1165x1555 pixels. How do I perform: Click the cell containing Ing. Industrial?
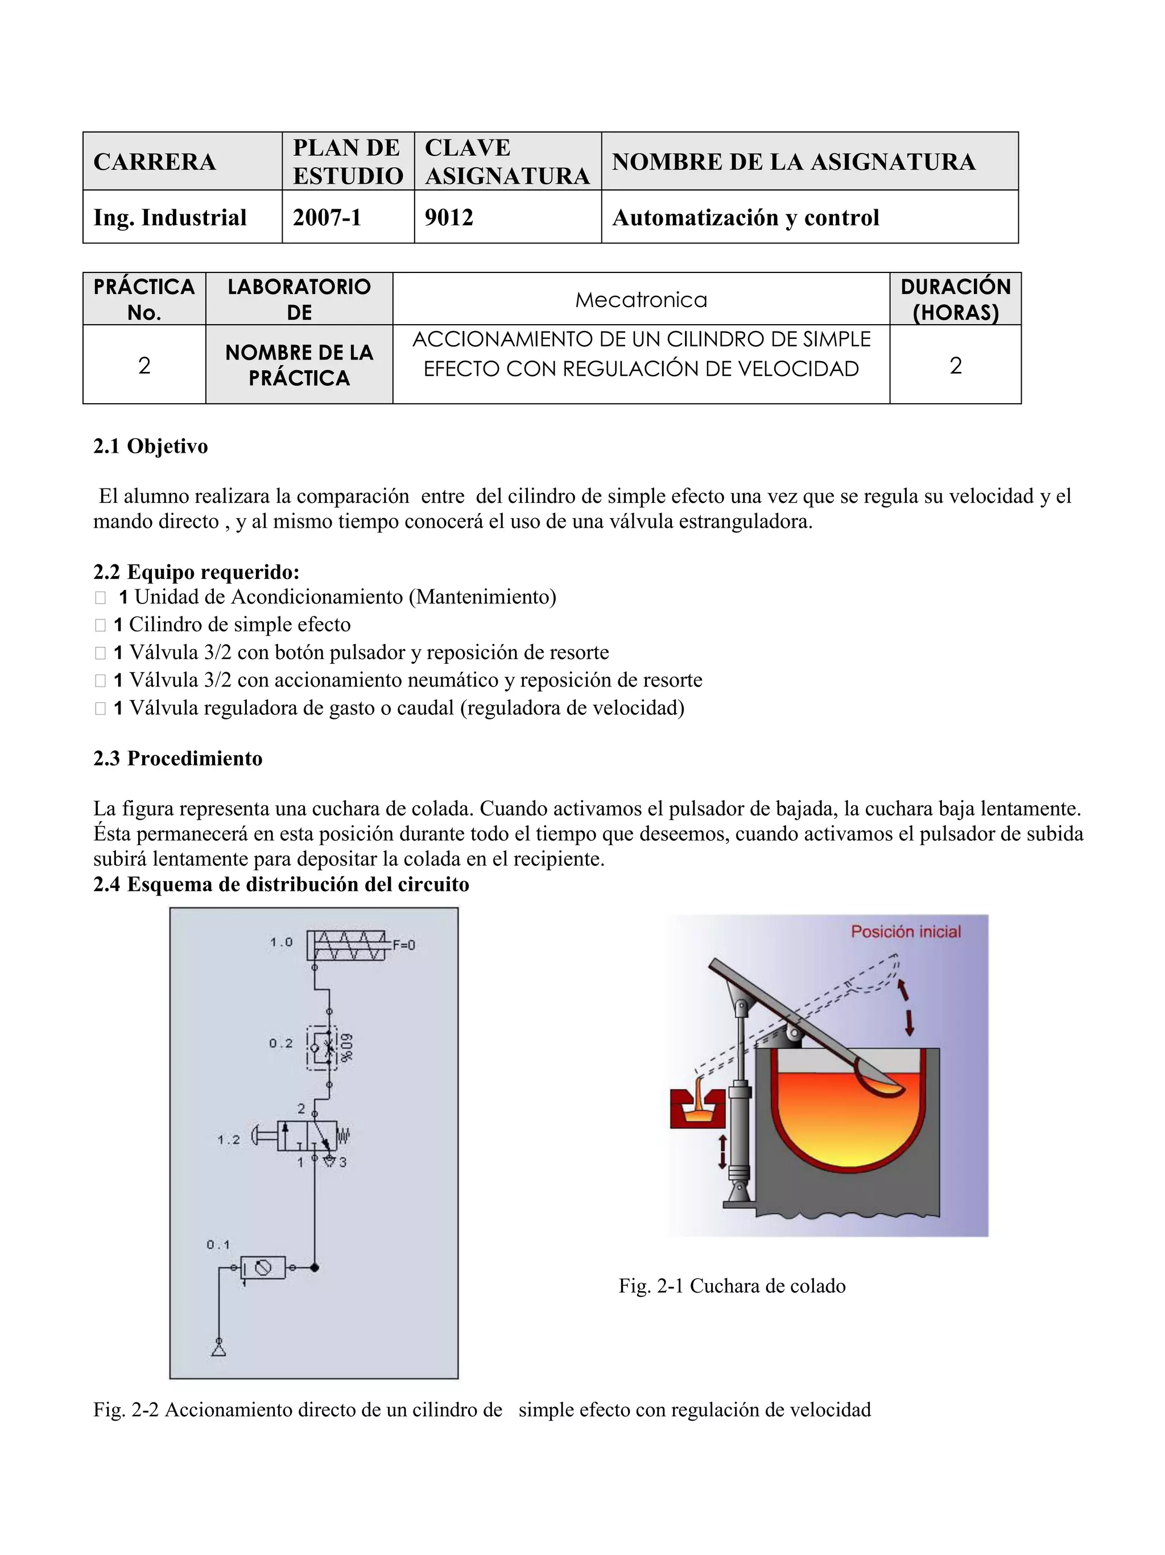click(170, 217)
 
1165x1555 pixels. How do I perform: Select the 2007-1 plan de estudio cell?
click(328, 217)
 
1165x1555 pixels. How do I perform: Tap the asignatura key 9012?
click(449, 217)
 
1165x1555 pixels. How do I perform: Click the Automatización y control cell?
click(746, 217)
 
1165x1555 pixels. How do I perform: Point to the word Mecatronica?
click(641, 300)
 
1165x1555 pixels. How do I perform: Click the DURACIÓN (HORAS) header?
click(955, 299)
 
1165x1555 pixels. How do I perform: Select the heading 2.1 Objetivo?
click(150, 446)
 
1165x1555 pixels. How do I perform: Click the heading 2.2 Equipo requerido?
click(196, 572)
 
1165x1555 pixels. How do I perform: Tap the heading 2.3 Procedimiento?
click(178, 759)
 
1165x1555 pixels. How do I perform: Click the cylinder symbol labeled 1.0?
click(348, 945)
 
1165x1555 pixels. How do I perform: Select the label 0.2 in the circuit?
click(280, 1043)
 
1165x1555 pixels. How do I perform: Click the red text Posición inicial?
click(906, 932)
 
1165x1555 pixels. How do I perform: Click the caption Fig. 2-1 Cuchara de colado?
click(732, 1287)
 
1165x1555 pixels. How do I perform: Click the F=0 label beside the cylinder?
click(403, 945)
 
